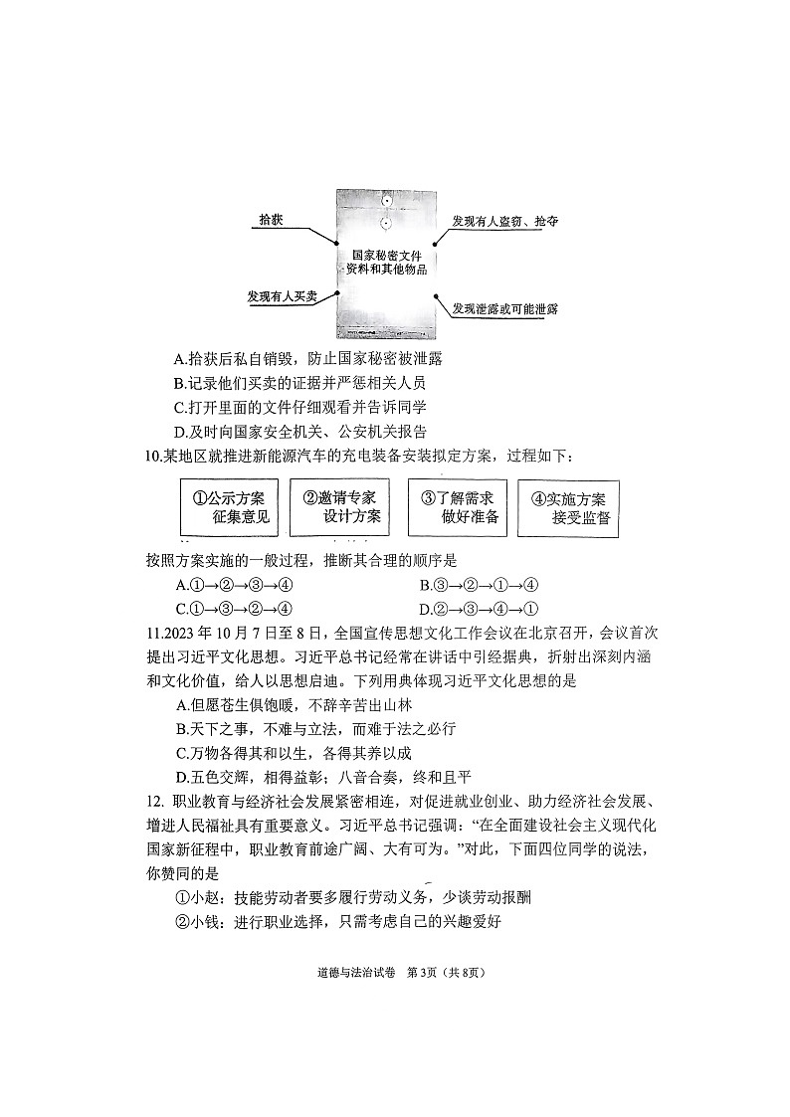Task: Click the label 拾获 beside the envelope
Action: coord(271,220)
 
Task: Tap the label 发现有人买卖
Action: coord(282,296)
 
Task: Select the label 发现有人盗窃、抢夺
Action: coord(504,221)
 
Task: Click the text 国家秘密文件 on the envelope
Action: coord(386,256)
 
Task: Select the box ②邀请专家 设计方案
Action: coord(340,507)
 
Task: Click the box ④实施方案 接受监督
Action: coord(569,508)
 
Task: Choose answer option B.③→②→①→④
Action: coord(479,585)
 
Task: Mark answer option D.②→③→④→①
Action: coord(479,609)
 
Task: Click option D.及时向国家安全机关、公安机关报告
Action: coord(299,431)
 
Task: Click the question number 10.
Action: coord(153,456)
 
